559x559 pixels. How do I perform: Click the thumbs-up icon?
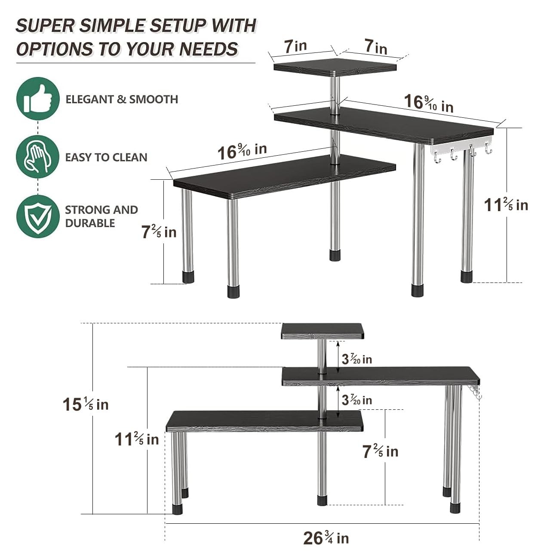tap(38, 98)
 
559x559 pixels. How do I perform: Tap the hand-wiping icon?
tap(38, 157)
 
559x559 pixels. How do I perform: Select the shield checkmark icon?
tap(38, 216)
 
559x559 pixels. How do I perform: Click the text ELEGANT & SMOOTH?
tap(122, 99)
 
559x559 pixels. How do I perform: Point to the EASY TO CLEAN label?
tap(106, 157)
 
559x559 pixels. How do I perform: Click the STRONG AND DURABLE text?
tap(101, 216)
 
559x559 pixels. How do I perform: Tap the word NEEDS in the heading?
tap(209, 49)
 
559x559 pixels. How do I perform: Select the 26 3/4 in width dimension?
tap(326, 537)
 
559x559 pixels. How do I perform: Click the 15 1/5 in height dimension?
tap(85, 404)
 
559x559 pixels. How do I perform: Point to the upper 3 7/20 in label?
tap(356, 359)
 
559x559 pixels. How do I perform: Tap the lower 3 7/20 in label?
tap(356, 400)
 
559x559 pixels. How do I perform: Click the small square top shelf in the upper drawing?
tap(335, 67)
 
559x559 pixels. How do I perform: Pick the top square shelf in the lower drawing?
tap(322, 331)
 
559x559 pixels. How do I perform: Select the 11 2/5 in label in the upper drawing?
tap(506, 205)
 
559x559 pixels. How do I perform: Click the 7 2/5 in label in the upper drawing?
tap(159, 232)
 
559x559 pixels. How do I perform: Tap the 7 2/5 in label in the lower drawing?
tap(380, 451)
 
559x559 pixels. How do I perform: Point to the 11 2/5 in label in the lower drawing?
tap(136, 439)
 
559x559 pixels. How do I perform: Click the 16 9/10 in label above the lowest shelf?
tap(242, 151)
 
